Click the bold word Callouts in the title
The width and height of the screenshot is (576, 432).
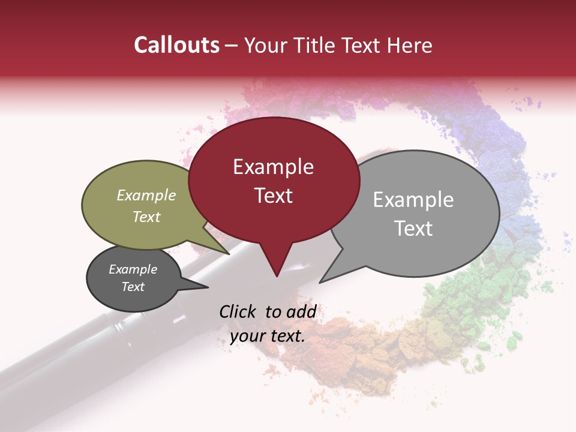176,45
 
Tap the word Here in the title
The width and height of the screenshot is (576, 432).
410,45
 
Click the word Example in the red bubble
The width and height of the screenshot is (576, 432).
273,167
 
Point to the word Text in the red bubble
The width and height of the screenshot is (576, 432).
273,195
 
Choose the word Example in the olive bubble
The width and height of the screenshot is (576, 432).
146,195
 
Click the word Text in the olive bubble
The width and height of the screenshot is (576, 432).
146,217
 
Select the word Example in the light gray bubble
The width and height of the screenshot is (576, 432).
413,200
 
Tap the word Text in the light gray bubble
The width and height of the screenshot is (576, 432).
413,228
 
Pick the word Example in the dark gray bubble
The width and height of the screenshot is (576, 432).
133,269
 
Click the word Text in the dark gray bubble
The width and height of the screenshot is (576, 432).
133,287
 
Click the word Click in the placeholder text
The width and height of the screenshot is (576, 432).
240,311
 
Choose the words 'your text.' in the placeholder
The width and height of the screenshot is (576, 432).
268,336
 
